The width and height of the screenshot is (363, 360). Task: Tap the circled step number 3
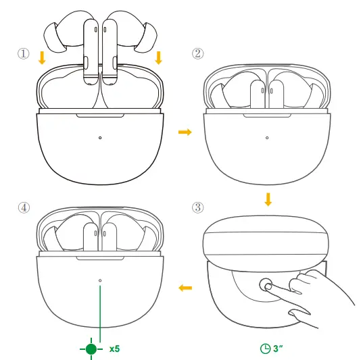point(198,207)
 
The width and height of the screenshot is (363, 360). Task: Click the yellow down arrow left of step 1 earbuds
point(42,58)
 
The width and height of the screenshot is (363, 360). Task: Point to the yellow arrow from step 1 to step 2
point(183,132)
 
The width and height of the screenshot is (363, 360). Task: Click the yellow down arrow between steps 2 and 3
point(268,199)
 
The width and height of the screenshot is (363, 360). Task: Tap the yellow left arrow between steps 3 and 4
point(184,288)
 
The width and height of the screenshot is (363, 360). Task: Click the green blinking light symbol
point(91,349)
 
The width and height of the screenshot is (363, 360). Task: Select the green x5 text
point(115,349)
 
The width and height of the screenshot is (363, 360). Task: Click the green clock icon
point(265,349)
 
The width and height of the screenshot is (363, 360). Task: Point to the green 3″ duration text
point(279,349)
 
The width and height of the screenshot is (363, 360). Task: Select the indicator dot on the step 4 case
point(100,280)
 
